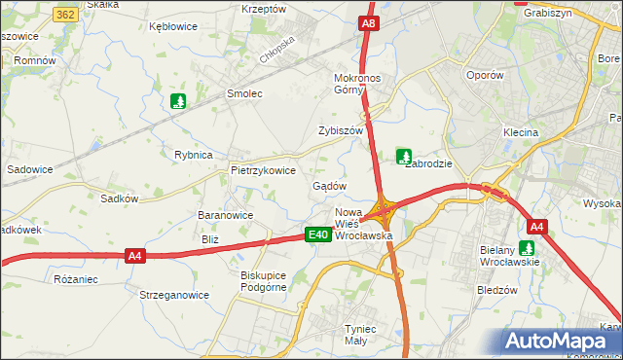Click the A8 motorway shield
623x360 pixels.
pos(367,23)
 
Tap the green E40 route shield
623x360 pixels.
pos(316,235)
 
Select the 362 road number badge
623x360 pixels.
pos(66,15)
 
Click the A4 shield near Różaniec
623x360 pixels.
pos(135,256)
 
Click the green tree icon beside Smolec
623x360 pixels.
pos(177,100)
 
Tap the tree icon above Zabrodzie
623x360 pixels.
pos(403,155)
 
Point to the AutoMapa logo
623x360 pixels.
pos(560,342)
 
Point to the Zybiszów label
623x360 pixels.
pos(341,130)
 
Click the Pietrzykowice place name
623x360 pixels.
pos(263,169)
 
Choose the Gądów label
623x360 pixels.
pos(330,186)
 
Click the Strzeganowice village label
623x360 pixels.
pos(174,295)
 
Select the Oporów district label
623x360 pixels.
pos(485,75)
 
